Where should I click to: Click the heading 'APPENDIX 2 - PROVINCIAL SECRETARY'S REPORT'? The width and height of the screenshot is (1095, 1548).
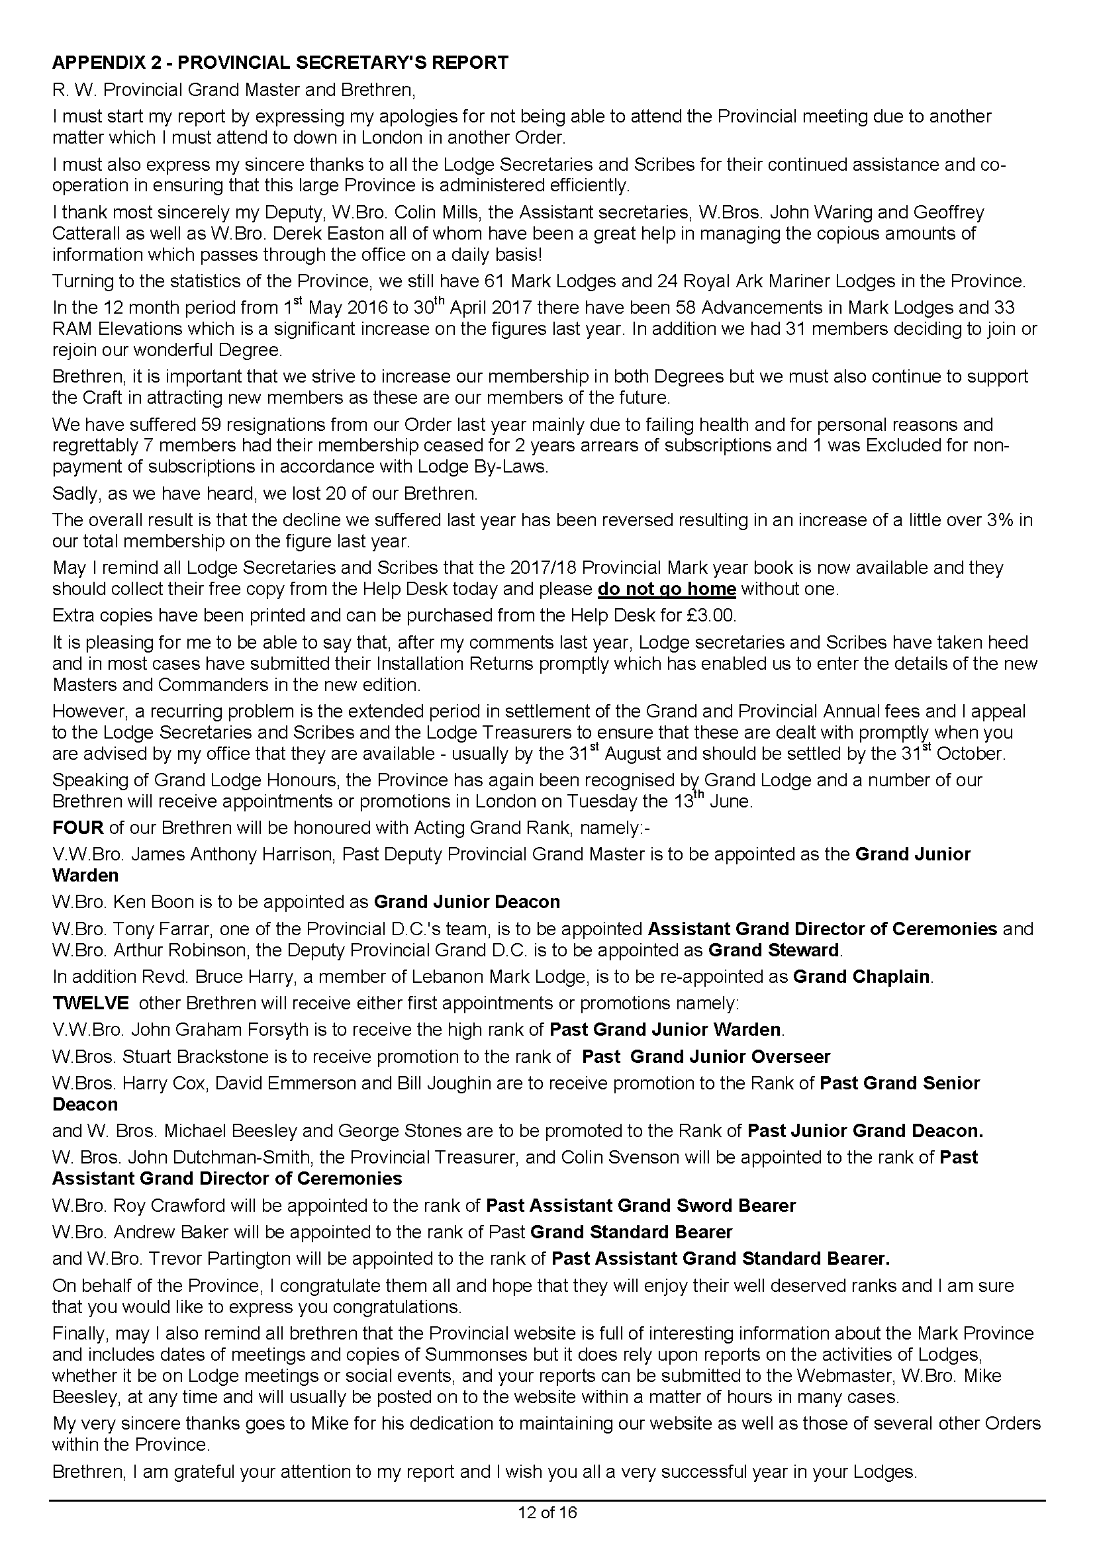pos(280,63)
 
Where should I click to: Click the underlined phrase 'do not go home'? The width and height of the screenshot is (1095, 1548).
pos(666,588)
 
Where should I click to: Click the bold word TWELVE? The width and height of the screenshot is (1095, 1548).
pos(90,1003)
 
